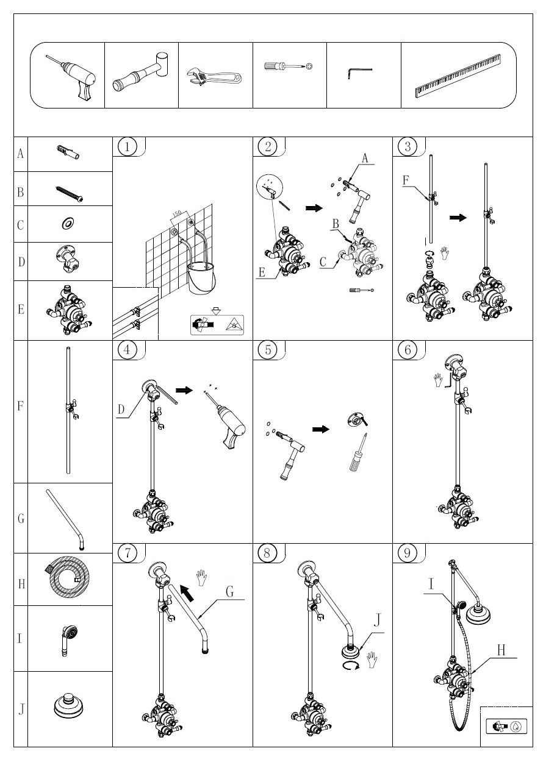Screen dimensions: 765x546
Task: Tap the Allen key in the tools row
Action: pyautogui.click(x=359, y=73)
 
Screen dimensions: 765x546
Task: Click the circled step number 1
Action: pyautogui.click(x=127, y=146)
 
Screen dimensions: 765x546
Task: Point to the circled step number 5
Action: pyautogui.click(x=267, y=350)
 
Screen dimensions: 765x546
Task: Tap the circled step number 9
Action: pyautogui.click(x=407, y=553)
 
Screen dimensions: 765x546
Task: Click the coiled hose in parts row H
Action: pyautogui.click(x=68, y=579)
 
